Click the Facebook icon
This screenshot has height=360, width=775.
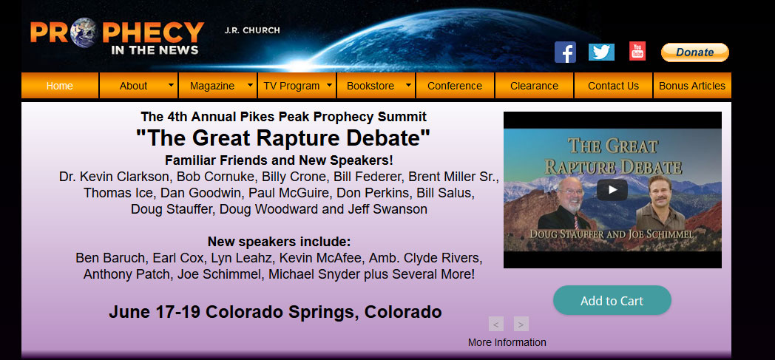[x=565, y=52]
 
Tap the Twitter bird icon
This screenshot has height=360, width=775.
[x=601, y=52]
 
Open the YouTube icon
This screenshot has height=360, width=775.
[x=637, y=51]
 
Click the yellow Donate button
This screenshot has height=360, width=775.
[x=695, y=52]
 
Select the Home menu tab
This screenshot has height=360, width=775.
[x=60, y=86]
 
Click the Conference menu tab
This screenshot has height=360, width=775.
[x=455, y=86]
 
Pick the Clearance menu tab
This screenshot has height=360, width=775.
[x=535, y=86]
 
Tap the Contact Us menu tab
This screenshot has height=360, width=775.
[x=613, y=86]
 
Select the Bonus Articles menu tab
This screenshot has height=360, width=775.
[x=692, y=86]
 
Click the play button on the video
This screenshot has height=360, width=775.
[x=612, y=190]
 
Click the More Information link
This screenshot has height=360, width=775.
[x=507, y=342]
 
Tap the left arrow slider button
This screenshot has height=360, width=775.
[x=495, y=324]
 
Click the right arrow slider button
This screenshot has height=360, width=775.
[x=521, y=324]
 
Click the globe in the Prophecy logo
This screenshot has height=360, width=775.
[x=83, y=33]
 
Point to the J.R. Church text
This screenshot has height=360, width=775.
[x=252, y=30]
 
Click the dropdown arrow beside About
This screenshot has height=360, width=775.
[x=171, y=85]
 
